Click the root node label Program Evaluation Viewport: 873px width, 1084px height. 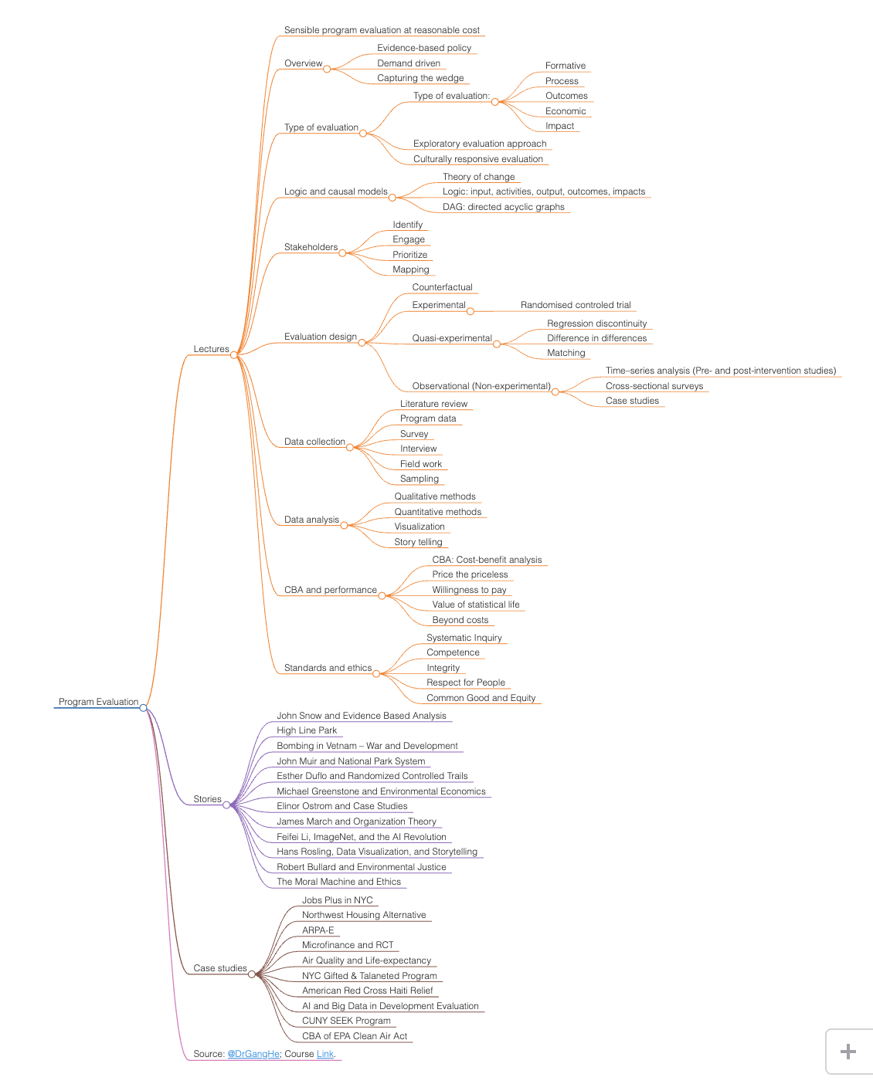tap(98, 702)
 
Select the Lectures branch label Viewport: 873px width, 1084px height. tap(211, 349)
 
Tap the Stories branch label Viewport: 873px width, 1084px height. tap(207, 799)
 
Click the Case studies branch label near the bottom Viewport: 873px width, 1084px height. tap(220, 968)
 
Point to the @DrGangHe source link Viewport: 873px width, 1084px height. tap(253, 1054)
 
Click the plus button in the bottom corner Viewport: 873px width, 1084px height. tap(848, 1052)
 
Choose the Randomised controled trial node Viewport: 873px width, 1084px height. tap(576, 305)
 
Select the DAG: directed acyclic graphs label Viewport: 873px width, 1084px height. tap(503, 207)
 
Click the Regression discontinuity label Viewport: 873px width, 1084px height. tap(596, 324)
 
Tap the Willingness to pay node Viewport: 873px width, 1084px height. tap(469, 590)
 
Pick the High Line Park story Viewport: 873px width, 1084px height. tap(307, 730)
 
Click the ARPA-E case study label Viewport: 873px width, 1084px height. tap(318, 930)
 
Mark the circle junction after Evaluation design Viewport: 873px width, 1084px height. tap(362, 342)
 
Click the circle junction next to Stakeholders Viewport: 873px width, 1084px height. tap(342, 252)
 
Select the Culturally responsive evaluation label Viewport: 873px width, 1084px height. tap(477, 159)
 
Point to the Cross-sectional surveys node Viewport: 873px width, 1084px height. tap(654, 386)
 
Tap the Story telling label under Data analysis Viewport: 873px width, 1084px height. tap(418, 542)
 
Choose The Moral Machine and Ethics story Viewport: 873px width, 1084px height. tap(338, 882)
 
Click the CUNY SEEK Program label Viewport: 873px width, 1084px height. tap(346, 1021)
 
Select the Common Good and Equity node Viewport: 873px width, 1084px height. tap(481, 698)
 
